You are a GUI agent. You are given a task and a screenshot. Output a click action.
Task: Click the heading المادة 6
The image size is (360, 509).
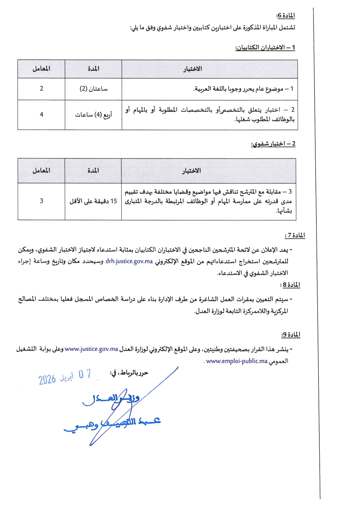coord(285,15)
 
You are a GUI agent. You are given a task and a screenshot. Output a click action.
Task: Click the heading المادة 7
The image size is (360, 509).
coord(295,235)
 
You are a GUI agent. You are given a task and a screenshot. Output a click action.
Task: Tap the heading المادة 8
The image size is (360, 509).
coord(290,285)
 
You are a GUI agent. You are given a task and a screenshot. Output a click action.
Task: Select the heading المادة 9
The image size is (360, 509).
coord(291,335)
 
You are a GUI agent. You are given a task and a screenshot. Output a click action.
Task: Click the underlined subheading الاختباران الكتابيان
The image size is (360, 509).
coord(265,47)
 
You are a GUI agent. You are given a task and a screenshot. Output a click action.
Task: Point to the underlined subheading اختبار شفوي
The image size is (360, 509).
coord(273,144)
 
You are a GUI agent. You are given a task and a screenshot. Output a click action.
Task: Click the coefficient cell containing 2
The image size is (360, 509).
coord(42,89)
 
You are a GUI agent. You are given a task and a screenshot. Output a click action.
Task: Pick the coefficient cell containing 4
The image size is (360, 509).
coord(42,115)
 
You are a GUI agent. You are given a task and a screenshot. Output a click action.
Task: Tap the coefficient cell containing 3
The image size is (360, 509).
coord(42,201)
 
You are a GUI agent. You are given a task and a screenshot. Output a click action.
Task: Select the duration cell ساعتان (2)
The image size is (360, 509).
coord(93,89)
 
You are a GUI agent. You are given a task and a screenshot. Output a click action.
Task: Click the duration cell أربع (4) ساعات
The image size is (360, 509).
coord(93,115)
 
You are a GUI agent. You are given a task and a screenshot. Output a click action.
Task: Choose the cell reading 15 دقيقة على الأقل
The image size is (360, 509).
coord(93,201)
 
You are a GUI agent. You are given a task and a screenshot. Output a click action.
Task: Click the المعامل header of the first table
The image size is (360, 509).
coord(41,69)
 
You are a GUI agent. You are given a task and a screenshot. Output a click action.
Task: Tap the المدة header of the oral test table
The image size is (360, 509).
coord(93,171)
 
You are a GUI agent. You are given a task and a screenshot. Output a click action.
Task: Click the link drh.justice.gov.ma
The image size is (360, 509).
coord(129,261)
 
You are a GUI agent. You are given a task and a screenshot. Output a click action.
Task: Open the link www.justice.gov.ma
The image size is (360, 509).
coord(91,349)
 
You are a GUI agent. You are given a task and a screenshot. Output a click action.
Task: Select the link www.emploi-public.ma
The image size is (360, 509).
coord(237,361)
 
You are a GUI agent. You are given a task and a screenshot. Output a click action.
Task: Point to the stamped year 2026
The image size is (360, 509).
coord(47,379)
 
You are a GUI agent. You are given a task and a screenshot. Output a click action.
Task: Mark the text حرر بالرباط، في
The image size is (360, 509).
coord(129,373)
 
